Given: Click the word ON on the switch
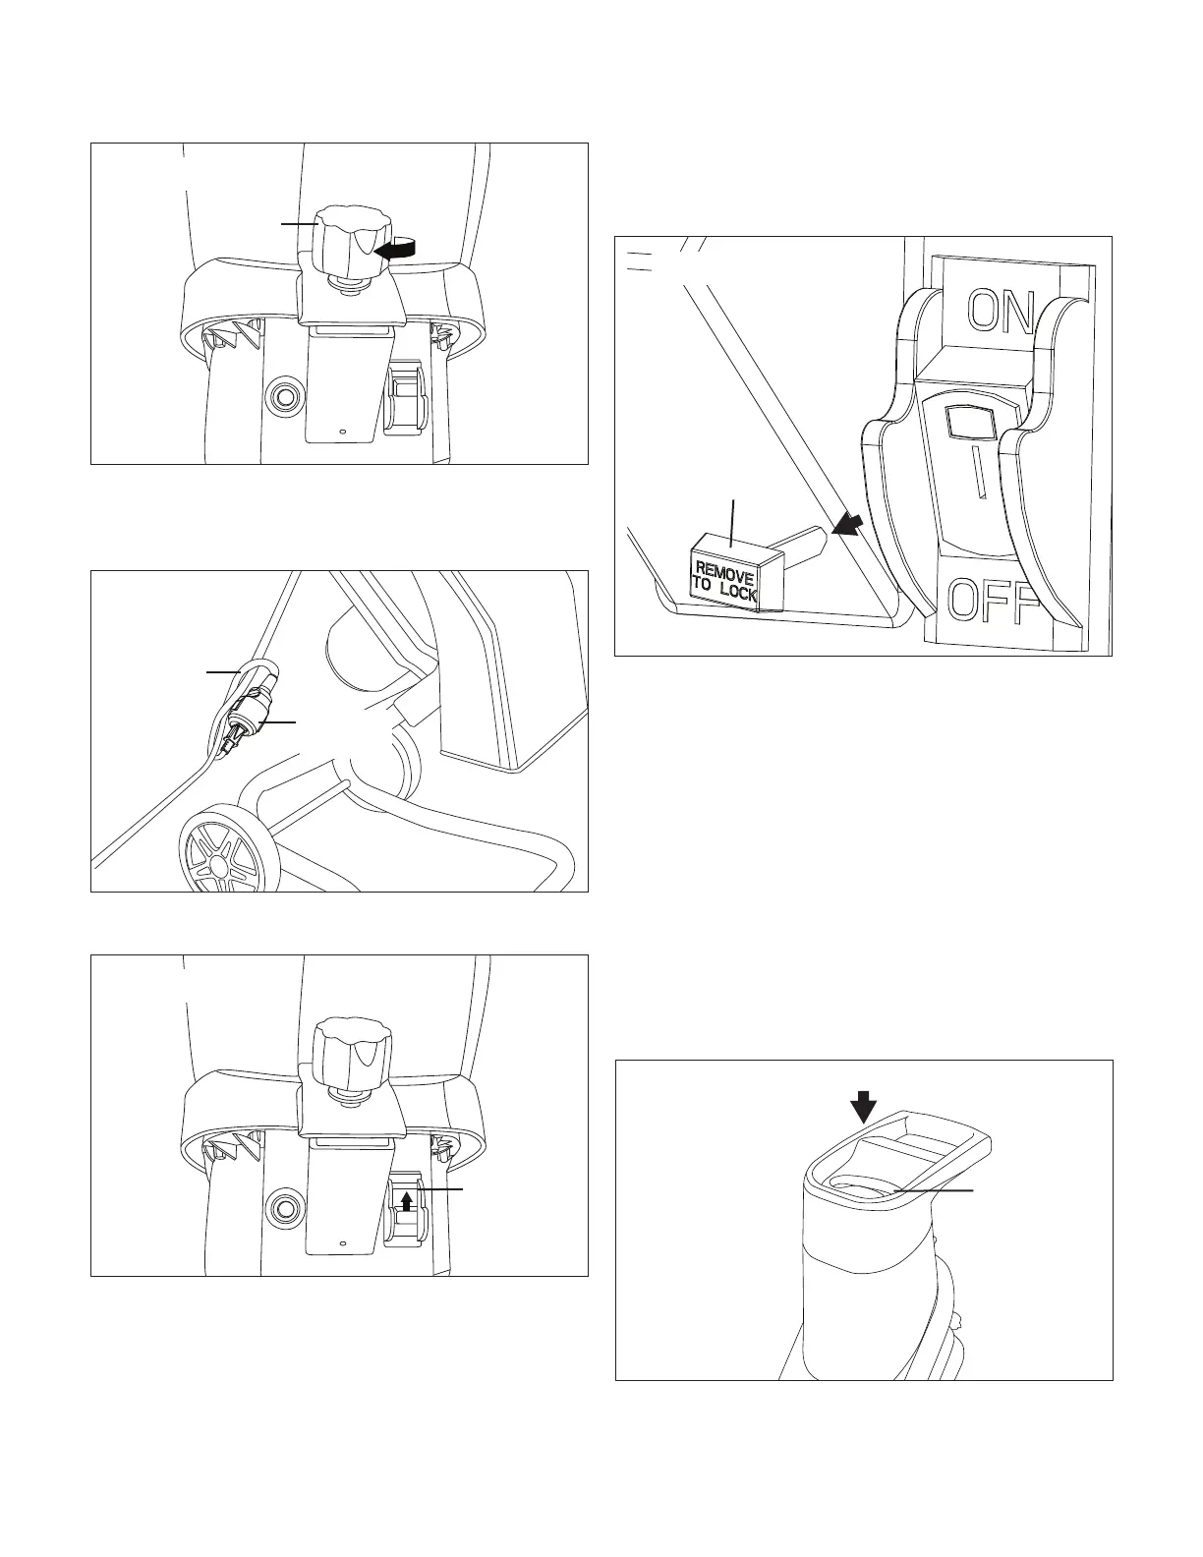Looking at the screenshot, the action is pyautogui.click(x=1001, y=313).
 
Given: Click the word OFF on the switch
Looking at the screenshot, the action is pyautogui.click(x=995, y=603).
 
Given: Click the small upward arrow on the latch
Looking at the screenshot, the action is pyautogui.click(x=406, y=1200).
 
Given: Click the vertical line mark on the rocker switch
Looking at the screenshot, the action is pyautogui.click(x=977, y=471).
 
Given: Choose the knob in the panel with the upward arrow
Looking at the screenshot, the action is pyautogui.click(x=351, y=1052).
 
